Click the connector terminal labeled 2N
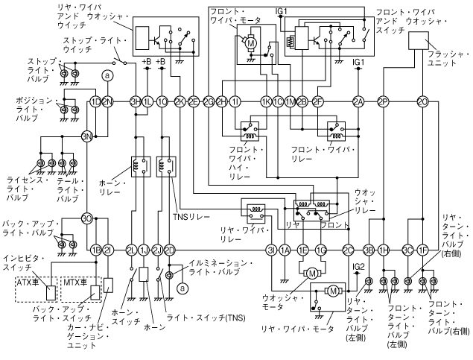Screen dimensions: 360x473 [107, 101]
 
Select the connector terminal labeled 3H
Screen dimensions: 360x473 [136, 101]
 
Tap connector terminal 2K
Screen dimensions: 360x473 [180, 101]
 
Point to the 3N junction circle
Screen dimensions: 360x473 [87, 136]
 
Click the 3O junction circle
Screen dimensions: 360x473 [87, 219]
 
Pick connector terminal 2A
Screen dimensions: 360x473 [358, 101]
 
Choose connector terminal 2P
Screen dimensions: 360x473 [383, 101]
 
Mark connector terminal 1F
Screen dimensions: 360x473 [422, 250]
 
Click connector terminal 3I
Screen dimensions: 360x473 [272, 250]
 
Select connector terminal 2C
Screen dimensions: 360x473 [348, 250]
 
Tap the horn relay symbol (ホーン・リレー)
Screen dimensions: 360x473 [138, 165]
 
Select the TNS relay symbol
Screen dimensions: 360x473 [166, 165]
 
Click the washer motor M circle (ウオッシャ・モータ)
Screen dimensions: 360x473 [312, 274]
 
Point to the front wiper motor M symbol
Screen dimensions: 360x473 [250, 44]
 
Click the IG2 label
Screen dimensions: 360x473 [358, 265]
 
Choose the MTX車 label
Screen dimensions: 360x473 [73, 282]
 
